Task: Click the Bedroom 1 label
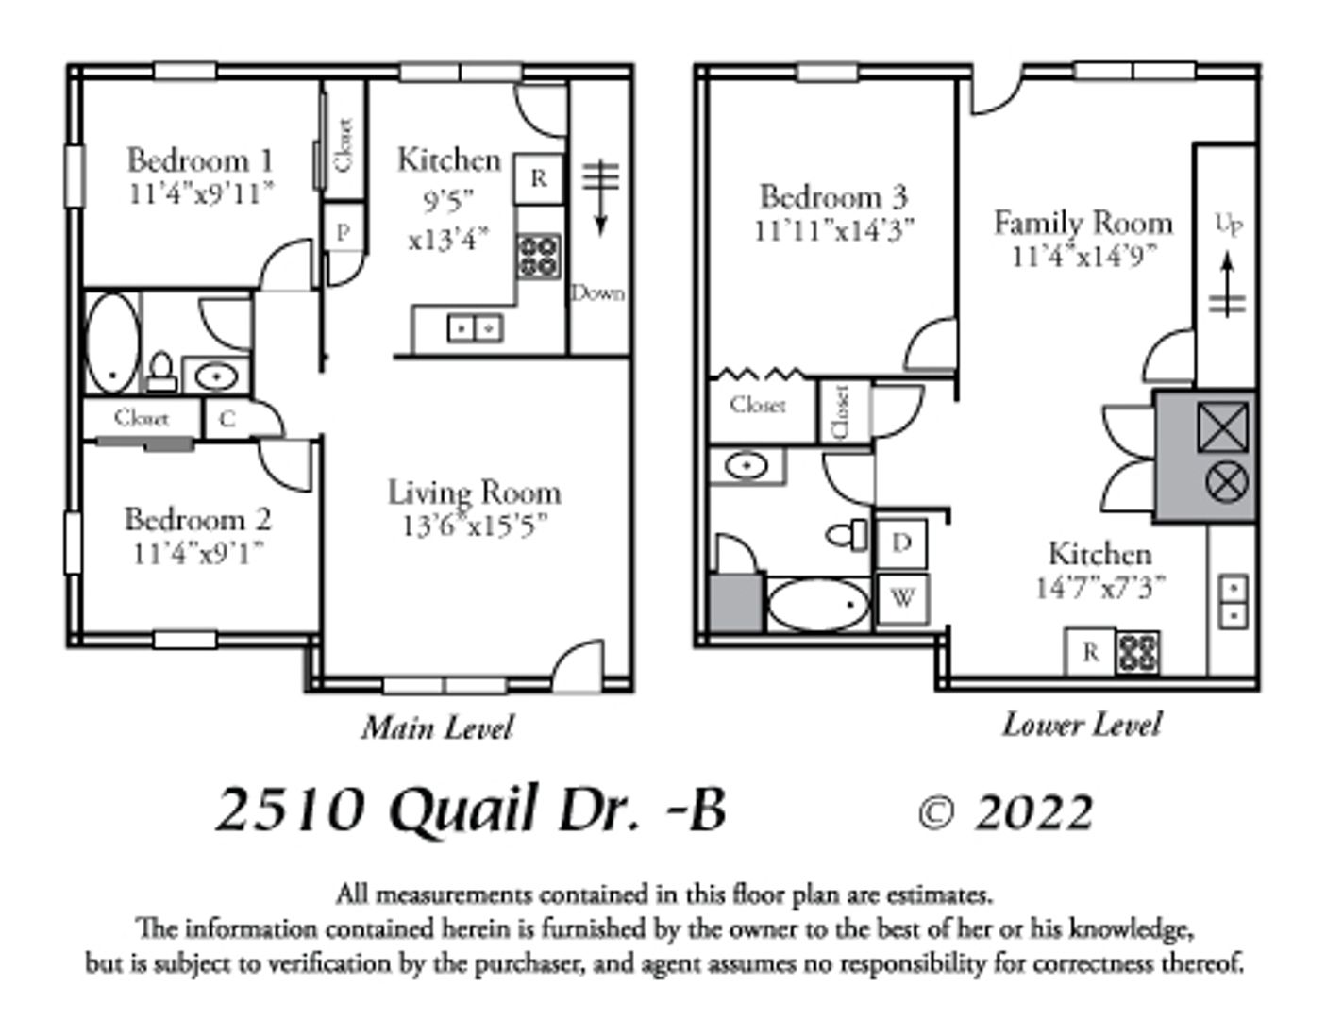point(200,161)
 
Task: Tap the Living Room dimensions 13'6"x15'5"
point(475,526)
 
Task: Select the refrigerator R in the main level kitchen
point(538,178)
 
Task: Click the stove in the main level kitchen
point(539,257)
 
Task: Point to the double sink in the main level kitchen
point(476,328)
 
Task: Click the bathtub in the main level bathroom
point(113,343)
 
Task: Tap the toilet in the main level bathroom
point(162,372)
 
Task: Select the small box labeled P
point(344,232)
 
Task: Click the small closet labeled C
point(227,419)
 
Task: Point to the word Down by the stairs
point(598,294)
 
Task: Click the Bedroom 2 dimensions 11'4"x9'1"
point(199,555)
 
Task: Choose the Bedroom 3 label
point(833,197)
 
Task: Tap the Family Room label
point(1083,224)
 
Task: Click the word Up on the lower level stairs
point(1229,225)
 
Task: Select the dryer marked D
point(901,543)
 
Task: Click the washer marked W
point(902,599)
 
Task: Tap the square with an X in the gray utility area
point(1222,427)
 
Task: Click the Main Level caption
point(437,728)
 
